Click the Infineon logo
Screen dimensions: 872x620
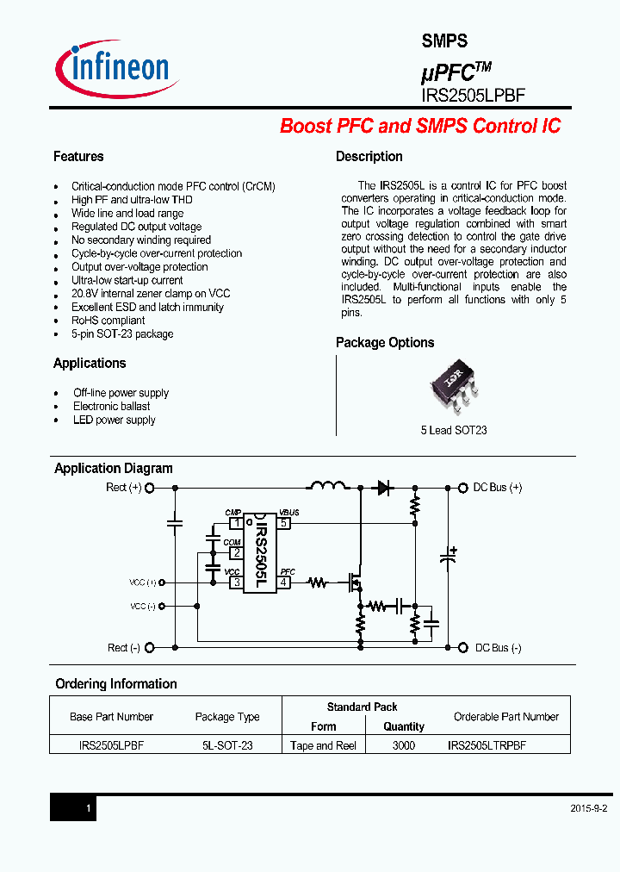117,68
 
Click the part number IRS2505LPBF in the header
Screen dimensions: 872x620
473,96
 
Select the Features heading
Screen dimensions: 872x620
78,157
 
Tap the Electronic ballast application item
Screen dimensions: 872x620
111,407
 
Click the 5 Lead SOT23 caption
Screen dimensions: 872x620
454,430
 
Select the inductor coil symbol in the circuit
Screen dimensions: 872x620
327,484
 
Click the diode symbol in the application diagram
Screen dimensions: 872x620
384,488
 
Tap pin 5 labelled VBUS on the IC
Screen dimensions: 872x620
284,522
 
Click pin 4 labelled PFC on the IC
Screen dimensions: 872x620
284,582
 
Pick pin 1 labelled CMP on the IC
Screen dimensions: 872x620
235,522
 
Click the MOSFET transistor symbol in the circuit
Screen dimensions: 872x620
355,582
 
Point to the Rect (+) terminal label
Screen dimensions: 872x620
123,488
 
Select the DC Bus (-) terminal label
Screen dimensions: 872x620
498,648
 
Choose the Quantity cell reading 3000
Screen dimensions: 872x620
403,745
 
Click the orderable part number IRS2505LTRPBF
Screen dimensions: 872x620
487,745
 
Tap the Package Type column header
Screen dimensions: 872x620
227,717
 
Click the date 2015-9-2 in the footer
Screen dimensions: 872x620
589,809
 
